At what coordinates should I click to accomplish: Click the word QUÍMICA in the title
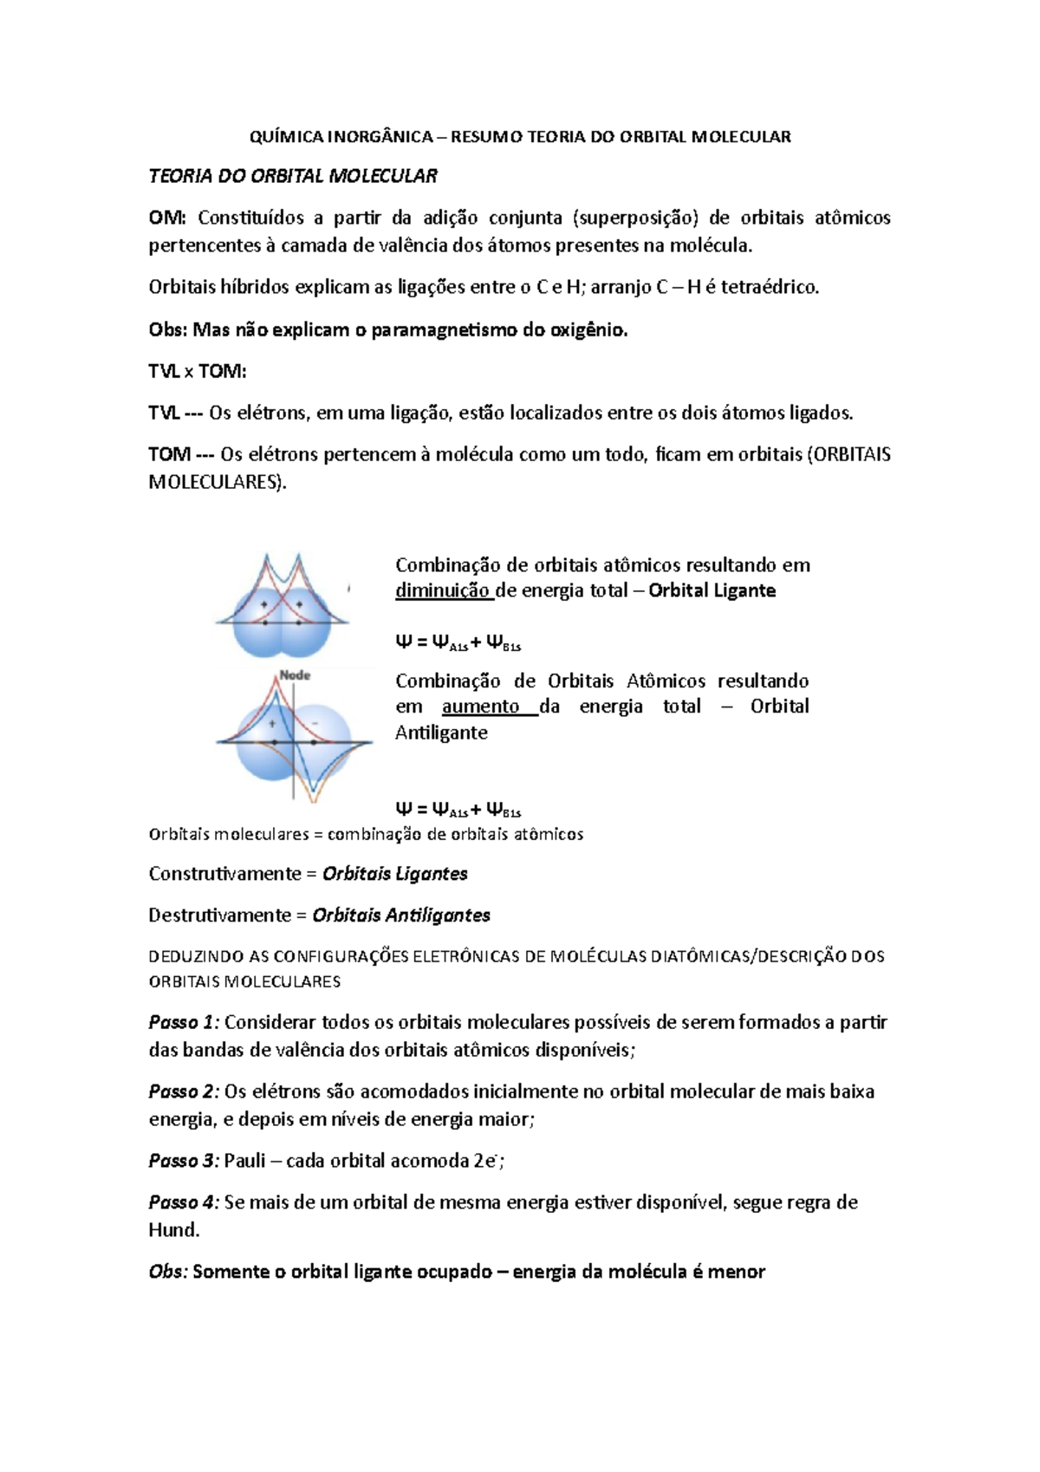click(285, 137)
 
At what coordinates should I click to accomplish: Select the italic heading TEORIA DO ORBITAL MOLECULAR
click(293, 177)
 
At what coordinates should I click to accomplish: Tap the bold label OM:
click(166, 218)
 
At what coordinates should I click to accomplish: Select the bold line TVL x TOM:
click(198, 372)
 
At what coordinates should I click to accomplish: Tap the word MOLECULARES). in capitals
click(218, 483)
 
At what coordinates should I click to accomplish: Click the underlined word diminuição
click(442, 591)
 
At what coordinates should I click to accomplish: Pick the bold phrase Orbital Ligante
click(712, 591)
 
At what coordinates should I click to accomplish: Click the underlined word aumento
click(480, 707)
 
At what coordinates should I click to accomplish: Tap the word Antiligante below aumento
click(441, 733)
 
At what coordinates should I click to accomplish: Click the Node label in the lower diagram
click(295, 675)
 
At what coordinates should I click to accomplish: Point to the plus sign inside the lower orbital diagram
click(272, 722)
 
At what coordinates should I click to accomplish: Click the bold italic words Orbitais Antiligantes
click(401, 916)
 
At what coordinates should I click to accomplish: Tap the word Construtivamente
click(224, 875)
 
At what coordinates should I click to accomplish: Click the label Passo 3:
click(184, 1162)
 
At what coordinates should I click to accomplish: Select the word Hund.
click(173, 1231)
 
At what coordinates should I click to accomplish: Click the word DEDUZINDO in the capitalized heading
click(197, 957)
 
